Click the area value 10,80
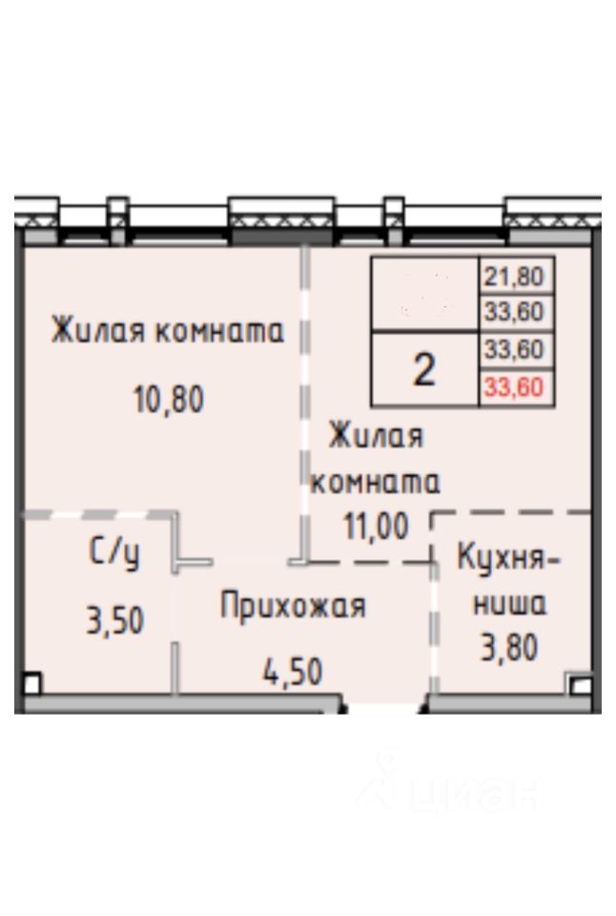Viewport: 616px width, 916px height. coord(168,399)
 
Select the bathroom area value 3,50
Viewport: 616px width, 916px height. coord(114,621)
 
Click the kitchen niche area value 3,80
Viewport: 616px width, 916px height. coord(509,648)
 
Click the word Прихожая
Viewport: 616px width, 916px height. coord(293,606)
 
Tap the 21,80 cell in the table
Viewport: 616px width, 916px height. coord(515,277)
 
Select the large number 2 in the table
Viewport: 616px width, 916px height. coord(424,369)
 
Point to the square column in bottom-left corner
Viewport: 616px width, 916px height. coord(31,684)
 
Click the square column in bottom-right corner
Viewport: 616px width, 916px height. coord(578,684)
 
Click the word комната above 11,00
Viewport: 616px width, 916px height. coord(376,483)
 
